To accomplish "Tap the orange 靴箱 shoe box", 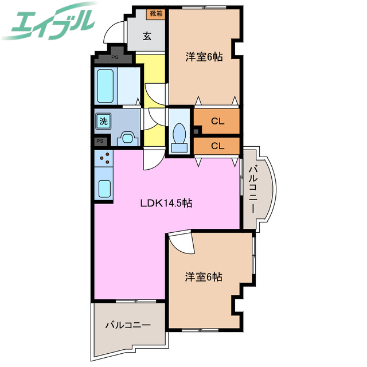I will click(157, 13).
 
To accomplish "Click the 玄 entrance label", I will click(147, 36).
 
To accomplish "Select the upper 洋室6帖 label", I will click(204, 57).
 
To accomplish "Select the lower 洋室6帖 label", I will click(204, 277).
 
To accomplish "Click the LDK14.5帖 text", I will click(167, 203).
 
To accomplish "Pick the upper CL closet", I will click(217, 121).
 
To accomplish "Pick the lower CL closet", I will click(217, 146).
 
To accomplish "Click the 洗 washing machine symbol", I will click(103, 121).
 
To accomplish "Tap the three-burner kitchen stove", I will click(104, 158).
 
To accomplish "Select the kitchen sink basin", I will click(104, 188).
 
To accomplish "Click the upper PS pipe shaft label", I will click(115, 57).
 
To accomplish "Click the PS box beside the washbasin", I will click(100, 141).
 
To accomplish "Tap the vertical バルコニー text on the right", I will click(253, 189).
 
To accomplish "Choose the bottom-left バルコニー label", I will click(128, 325).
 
